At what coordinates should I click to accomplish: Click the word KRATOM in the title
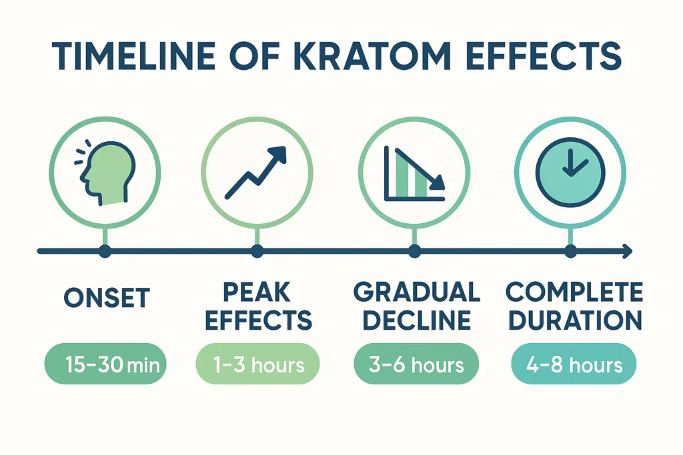(352, 58)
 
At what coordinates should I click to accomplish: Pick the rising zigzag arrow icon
(257, 172)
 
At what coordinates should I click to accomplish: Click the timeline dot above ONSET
(104, 251)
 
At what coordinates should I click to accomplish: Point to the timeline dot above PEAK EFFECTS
(257, 251)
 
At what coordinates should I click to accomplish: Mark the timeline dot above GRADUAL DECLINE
(414, 251)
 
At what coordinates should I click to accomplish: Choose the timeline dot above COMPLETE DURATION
(570, 251)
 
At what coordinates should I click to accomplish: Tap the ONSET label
(107, 297)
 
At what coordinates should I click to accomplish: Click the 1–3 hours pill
(257, 364)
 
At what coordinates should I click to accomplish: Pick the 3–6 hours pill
(416, 364)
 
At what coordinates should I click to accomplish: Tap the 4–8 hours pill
(574, 364)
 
